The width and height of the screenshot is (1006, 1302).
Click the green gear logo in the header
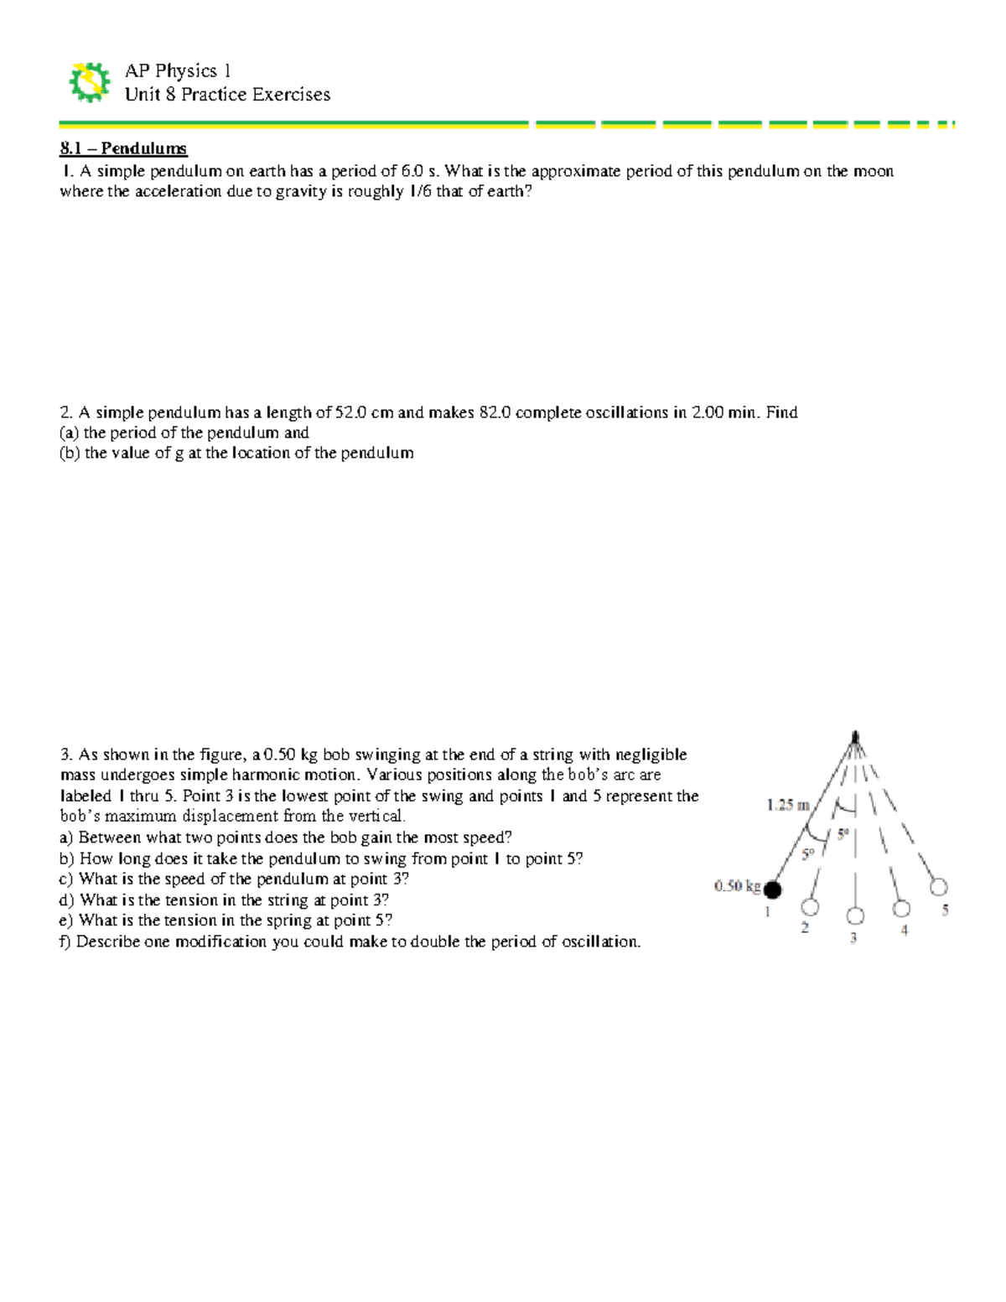click(89, 82)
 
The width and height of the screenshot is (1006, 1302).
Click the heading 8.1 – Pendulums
click(123, 149)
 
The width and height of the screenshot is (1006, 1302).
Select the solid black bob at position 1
click(772, 890)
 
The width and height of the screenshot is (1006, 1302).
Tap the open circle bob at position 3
click(854, 916)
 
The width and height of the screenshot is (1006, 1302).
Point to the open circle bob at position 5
click(939, 887)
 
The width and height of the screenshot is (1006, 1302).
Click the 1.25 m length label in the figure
click(787, 806)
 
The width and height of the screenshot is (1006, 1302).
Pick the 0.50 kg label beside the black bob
click(737, 885)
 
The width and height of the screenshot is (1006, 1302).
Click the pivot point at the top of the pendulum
click(855, 737)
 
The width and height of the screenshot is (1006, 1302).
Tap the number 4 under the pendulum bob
click(904, 930)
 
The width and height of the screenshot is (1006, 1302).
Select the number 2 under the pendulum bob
click(805, 928)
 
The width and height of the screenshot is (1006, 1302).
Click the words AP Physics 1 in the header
click(178, 71)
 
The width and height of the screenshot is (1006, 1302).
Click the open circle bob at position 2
click(810, 907)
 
